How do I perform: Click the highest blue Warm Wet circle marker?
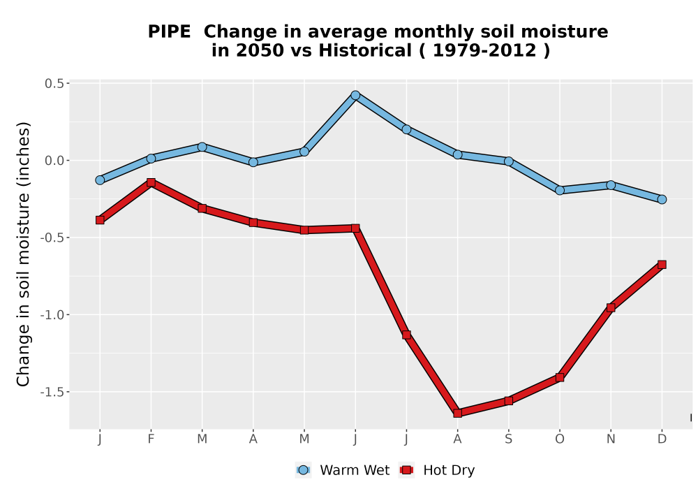[355, 95]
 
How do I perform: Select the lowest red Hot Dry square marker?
[458, 413]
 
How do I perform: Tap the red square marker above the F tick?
[151, 182]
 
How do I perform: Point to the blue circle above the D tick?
[662, 199]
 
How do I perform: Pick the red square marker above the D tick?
[662, 265]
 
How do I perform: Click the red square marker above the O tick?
[560, 377]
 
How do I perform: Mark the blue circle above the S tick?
[509, 161]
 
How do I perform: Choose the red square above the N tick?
[611, 307]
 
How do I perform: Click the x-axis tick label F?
[151, 439]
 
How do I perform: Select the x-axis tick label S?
[509, 439]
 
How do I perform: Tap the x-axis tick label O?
[560, 439]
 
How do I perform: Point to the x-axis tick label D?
[662, 439]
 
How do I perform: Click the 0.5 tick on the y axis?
[54, 83]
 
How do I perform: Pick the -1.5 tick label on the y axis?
[52, 392]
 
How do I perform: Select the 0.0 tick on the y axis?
[54, 161]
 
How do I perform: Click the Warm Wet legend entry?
[342, 470]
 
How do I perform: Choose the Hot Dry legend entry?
[437, 470]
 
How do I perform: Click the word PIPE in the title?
[169, 31]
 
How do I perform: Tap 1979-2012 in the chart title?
[484, 50]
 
